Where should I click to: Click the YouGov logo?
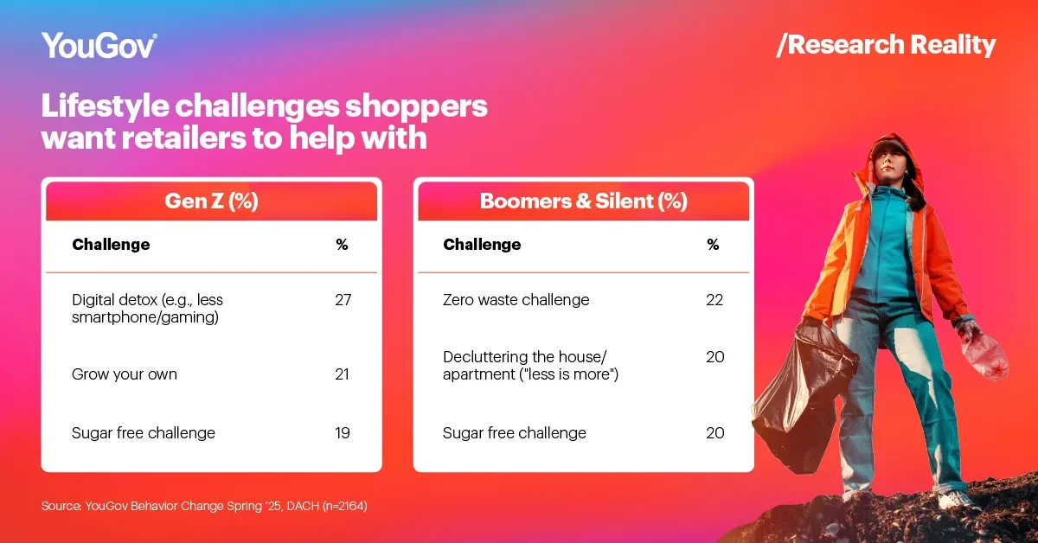tap(99, 45)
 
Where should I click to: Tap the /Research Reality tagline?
tap(886, 45)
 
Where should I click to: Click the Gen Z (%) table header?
tap(211, 201)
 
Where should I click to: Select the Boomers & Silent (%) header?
tap(583, 201)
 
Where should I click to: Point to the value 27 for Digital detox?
tap(343, 300)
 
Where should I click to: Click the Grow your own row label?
tap(125, 374)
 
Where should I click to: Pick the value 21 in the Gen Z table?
tap(342, 374)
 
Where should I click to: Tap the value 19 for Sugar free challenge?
tap(343, 432)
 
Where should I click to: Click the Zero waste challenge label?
tap(516, 300)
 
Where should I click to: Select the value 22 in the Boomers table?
tap(714, 300)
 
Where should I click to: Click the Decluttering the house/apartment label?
tap(530, 365)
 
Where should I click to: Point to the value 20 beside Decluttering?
tap(715, 357)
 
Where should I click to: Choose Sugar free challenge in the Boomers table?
tap(515, 432)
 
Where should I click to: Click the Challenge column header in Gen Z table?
tap(111, 244)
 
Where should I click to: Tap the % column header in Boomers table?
tap(713, 244)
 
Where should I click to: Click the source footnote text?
tap(204, 506)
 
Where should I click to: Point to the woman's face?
tap(888, 163)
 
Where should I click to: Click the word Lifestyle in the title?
tap(106, 106)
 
